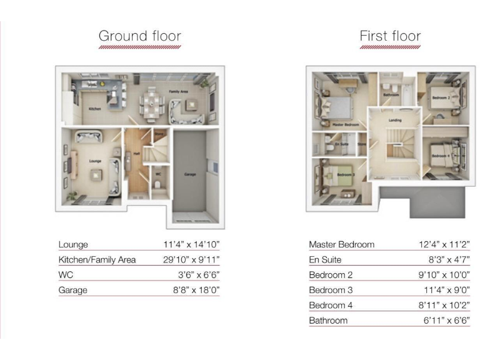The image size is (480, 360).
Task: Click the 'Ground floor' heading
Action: (x=139, y=36)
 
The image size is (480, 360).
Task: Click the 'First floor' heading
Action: (x=390, y=36)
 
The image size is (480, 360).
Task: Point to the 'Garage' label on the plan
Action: (x=191, y=174)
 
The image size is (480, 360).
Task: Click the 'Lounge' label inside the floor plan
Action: (x=95, y=161)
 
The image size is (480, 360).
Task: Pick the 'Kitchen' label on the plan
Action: (x=94, y=108)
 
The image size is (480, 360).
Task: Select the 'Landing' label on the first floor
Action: (x=394, y=121)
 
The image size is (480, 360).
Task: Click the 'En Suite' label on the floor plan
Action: (x=341, y=144)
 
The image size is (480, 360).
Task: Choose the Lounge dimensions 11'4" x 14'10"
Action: (x=191, y=244)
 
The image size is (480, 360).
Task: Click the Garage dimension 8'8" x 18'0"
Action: (x=196, y=290)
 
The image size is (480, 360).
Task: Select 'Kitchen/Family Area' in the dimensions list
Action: (x=97, y=259)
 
